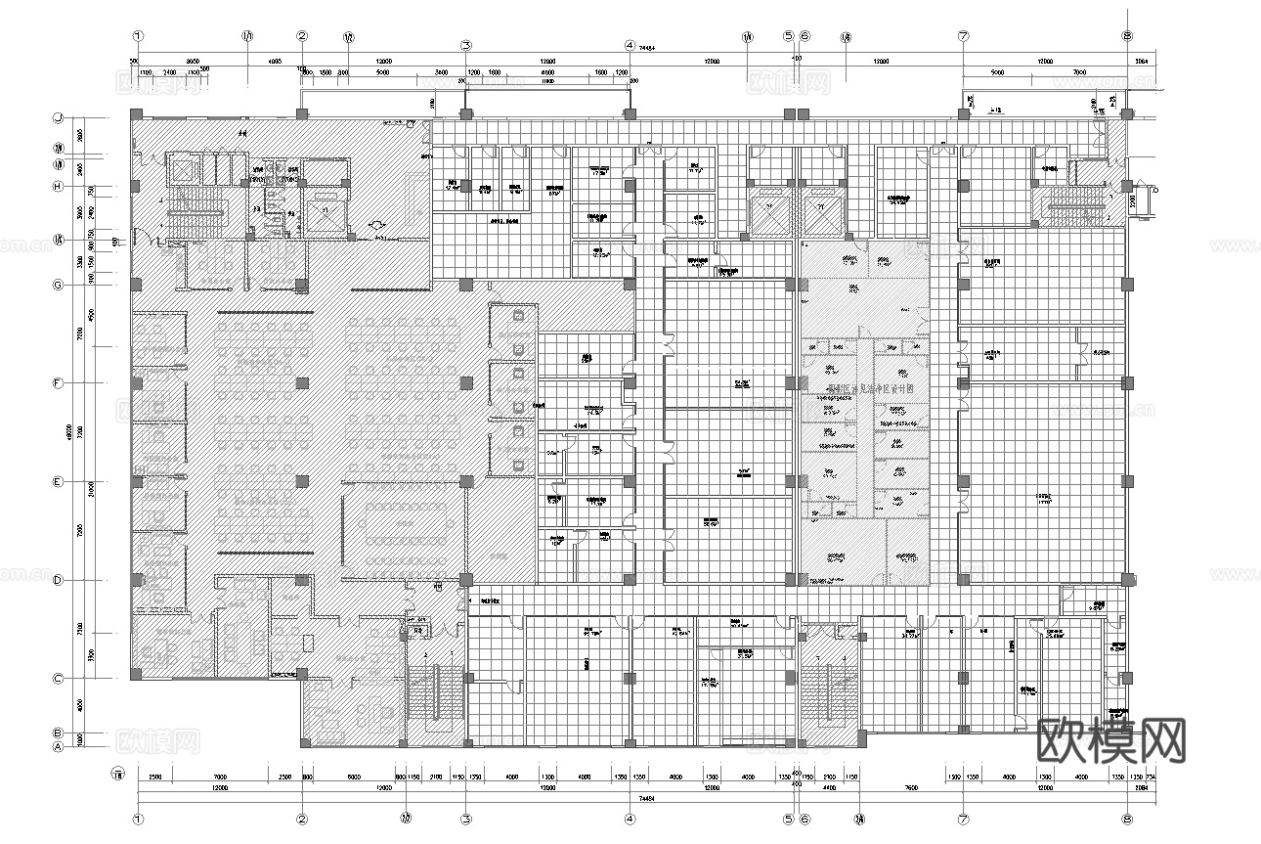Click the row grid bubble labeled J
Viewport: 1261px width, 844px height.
coord(59,117)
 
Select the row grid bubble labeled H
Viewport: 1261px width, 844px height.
coord(59,187)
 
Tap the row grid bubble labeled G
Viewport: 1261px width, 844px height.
coord(59,285)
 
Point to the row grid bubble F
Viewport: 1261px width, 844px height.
coord(59,383)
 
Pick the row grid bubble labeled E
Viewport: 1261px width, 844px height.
coord(59,482)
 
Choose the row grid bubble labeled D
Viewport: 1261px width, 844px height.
coord(59,580)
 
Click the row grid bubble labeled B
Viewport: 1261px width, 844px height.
coord(59,733)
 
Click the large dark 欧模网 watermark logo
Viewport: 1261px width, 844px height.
coord(1109,740)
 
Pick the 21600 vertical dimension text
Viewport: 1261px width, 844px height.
coord(91,486)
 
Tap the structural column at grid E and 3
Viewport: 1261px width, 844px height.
coord(466,480)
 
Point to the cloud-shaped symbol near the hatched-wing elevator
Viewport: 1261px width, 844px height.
coord(376,225)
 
